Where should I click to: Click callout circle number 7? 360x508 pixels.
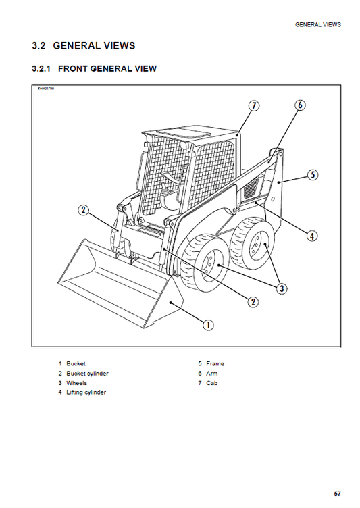click(x=253, y=105)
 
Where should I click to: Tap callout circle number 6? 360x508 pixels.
click(x=300, y=105)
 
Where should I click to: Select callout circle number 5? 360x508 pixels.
click(x=311, y=175)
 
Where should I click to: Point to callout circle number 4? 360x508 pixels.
click(x=311, y=236)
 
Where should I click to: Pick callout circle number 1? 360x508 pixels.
click(x=209, y=325)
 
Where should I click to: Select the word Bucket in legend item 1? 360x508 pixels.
click(x=76, y=364)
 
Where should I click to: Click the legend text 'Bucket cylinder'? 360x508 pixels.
click(x=87, y=374)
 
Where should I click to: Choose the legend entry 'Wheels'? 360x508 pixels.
click(x=76, y=383)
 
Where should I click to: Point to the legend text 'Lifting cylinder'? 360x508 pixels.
click(x=86, y=392)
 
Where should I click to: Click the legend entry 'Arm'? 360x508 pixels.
click(x=212, y=374)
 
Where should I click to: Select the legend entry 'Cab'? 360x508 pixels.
click(x=212, y=383)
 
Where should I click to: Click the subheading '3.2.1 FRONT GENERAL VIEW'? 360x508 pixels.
click(x=95, y=68)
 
